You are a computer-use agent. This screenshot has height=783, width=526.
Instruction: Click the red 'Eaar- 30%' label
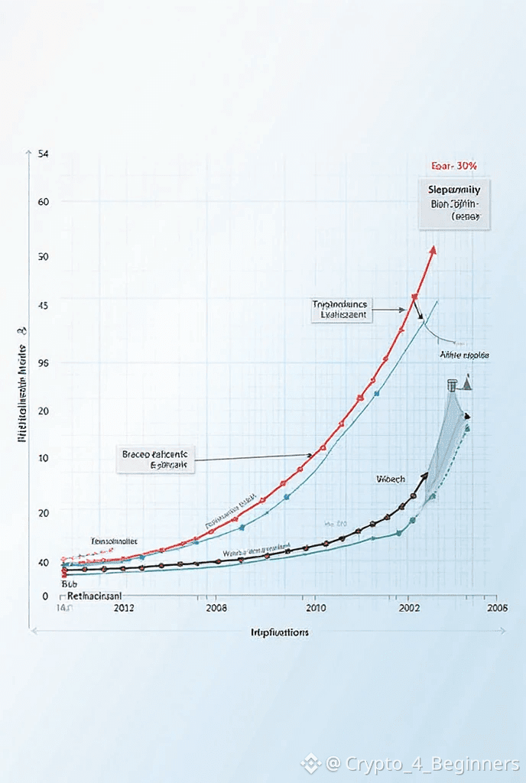(x=453, y=165)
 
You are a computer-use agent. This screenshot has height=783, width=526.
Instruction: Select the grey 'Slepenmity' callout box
(x=454, y=205)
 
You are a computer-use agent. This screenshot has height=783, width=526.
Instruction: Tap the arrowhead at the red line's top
(x=433, y=249)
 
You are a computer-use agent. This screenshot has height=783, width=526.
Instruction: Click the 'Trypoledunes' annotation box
(x=341, y=309)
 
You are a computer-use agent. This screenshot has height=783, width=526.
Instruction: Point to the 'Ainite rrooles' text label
(x=464, y=356)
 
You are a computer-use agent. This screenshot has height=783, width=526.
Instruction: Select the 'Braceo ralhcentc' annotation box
(x=157, y=459)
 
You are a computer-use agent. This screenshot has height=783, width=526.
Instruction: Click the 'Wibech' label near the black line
(x=391, y=479)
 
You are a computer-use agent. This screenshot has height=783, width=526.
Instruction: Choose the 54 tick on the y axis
(x=43, y=154)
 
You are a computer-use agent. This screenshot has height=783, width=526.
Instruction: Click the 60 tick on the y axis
(x=43, y=202)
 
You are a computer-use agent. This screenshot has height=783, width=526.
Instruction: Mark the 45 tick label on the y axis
(x=43, y=305)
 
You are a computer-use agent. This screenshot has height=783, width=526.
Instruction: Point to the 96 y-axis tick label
(x=43, y=363)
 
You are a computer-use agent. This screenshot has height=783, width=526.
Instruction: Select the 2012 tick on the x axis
(x=124, y=608)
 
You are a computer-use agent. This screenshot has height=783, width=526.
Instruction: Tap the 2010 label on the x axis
(x=317, y=608)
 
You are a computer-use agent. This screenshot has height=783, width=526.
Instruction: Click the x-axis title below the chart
(x=280, y=632)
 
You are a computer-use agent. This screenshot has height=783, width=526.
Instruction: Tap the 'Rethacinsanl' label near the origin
(x=96, y=595)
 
